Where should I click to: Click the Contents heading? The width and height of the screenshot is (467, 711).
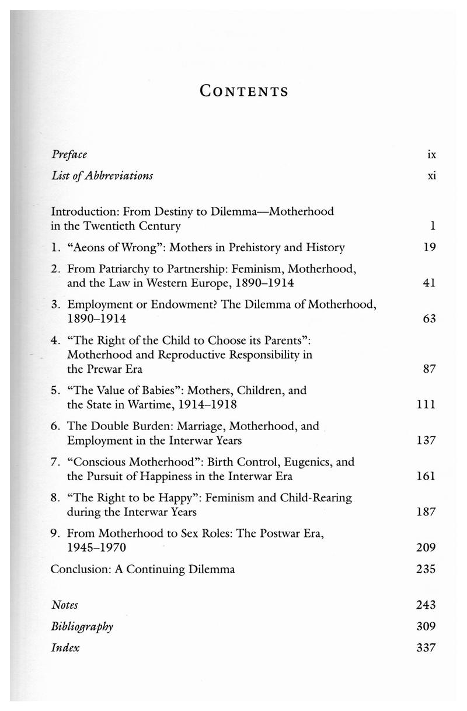[243, 91]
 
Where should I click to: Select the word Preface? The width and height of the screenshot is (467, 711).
[69, 155]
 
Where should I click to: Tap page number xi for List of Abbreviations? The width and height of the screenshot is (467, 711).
[431, 175]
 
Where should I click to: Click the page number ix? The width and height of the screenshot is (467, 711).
[431, 155]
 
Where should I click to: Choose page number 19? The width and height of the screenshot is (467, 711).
[430, 247]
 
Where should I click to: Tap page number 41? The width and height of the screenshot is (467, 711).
[430, 283]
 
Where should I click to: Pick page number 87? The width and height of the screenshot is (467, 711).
[430, 369]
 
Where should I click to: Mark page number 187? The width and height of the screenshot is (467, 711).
[427, 512]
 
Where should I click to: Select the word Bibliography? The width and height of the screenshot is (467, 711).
[82, 626]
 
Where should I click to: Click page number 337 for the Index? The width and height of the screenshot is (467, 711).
[427, 647]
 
